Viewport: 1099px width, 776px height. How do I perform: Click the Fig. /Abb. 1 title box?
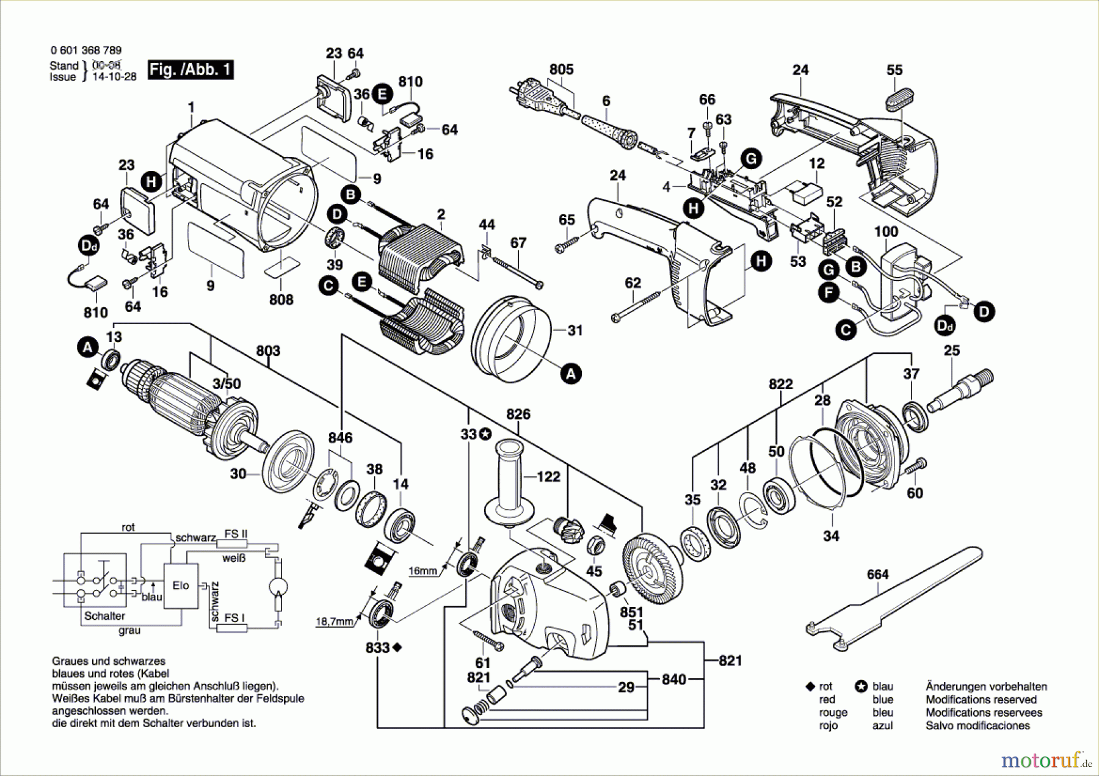[190, 70]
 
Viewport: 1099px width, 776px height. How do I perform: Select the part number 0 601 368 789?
[86, 51]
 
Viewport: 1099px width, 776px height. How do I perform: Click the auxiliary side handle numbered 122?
[508, 482]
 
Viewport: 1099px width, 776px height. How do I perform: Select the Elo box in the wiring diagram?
[181, 586]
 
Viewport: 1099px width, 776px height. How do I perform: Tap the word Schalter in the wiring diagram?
[104, 616]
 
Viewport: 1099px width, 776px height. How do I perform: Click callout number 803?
[268, 351]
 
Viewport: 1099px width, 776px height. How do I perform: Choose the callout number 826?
[518, 415]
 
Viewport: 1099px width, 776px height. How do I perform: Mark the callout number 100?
[886, 232]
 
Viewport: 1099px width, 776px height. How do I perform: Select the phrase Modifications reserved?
[981, 700]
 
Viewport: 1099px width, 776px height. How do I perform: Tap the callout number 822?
[780, 384]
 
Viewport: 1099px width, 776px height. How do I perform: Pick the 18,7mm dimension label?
[335, 622]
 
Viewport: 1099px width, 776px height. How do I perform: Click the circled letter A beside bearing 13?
[88, 348]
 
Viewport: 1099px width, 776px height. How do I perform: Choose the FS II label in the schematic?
[236, 534]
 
